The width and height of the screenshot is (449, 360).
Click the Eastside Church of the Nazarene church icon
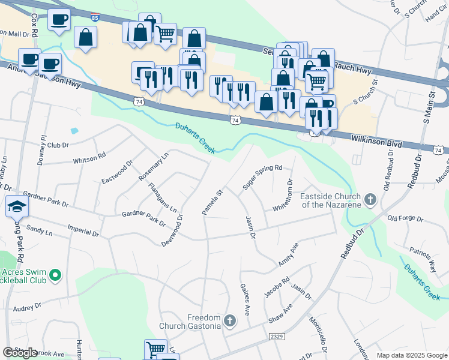[370, 199]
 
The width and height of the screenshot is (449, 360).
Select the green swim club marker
[55, 275]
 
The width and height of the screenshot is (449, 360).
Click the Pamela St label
[212, 202]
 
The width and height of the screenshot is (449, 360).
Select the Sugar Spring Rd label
[262, 178]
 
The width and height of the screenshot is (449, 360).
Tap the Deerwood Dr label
[172, 230]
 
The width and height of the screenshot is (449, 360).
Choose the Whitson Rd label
[89, 157]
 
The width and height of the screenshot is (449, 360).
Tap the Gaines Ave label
[246, 300]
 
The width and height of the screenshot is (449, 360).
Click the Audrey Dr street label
[27, 306]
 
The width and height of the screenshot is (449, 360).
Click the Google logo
[20, 353]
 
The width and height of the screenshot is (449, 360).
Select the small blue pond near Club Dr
[74, 130]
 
